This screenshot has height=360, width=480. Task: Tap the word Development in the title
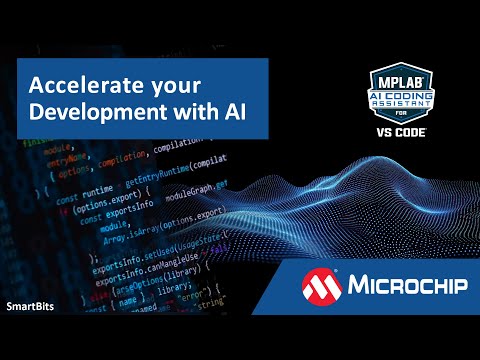[x=85, y=112]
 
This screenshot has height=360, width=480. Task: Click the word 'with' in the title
[x=181, y=112]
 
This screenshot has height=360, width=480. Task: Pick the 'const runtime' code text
[x=83, y=174]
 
